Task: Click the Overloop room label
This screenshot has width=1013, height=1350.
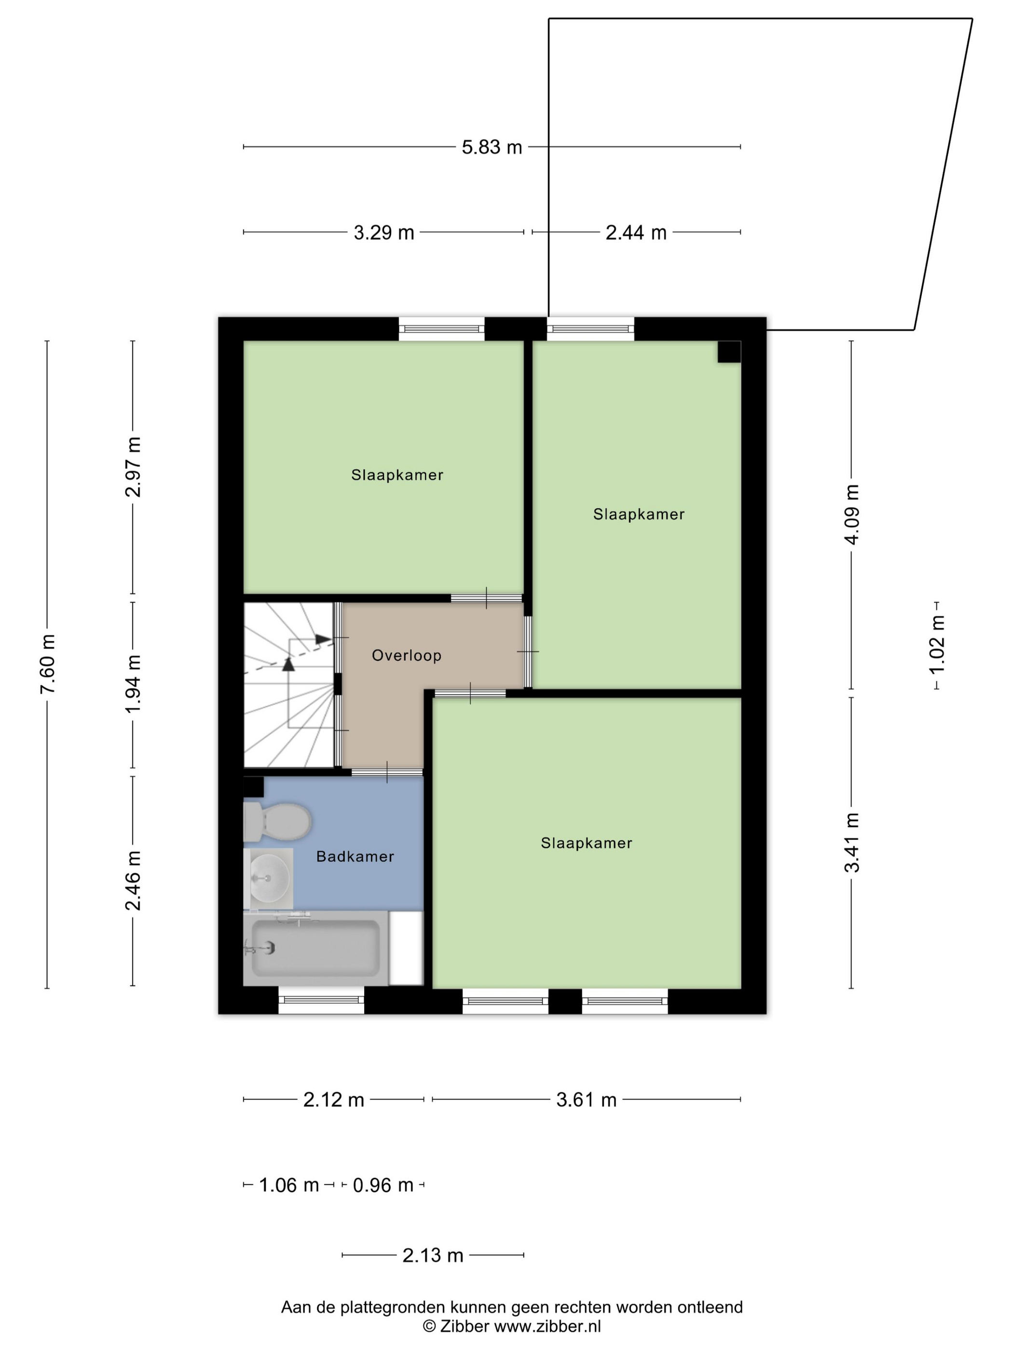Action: click(x=407, y=655)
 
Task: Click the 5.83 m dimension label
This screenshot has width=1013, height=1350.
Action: click(x=492, y=147)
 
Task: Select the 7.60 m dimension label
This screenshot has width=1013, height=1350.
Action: click(x=48, y=663)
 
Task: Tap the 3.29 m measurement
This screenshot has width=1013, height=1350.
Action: click(x=384, y=232)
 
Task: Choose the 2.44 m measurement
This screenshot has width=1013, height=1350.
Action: click(x=636, y=232)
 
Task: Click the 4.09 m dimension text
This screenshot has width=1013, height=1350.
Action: click(x=852, y=514)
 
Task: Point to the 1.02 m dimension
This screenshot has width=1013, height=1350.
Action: click(x=937, y=645)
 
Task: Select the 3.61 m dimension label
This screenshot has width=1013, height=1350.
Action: click(x=586, y=1100)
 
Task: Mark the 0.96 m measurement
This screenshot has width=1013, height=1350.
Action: click(x=383, y=1185)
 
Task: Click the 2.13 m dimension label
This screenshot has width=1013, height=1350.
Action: click(x=433, y=1255)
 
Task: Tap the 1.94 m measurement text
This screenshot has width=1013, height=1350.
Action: click(x=133, y=684)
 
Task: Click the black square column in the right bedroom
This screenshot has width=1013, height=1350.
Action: click(x=729, y=352)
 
